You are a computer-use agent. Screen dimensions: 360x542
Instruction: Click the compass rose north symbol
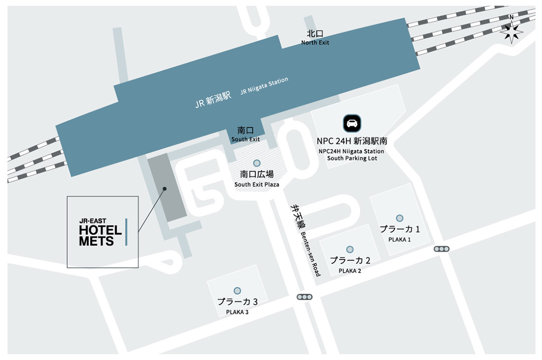click(511, 32)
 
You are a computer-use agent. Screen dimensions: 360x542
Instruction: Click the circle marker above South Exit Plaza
click(257, 163)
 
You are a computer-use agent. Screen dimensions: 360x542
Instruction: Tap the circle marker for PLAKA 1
click(399, 218)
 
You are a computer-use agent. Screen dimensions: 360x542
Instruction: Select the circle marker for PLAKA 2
click(350, 249)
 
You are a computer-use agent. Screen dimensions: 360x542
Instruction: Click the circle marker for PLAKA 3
click(237, 291)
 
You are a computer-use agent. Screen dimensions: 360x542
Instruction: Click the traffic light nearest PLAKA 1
click(442, 249)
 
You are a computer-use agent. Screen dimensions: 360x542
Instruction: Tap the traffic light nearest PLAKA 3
click(304, 297)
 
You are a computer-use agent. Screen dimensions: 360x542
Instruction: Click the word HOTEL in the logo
click(100, 230)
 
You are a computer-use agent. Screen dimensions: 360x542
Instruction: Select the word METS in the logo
click(96, 241)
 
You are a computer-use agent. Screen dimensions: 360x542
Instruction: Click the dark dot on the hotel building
click(164, 189)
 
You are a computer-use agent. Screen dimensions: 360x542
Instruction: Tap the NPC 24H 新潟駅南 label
click(351, 141)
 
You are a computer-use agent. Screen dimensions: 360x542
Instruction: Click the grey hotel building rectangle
click(167, 186)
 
